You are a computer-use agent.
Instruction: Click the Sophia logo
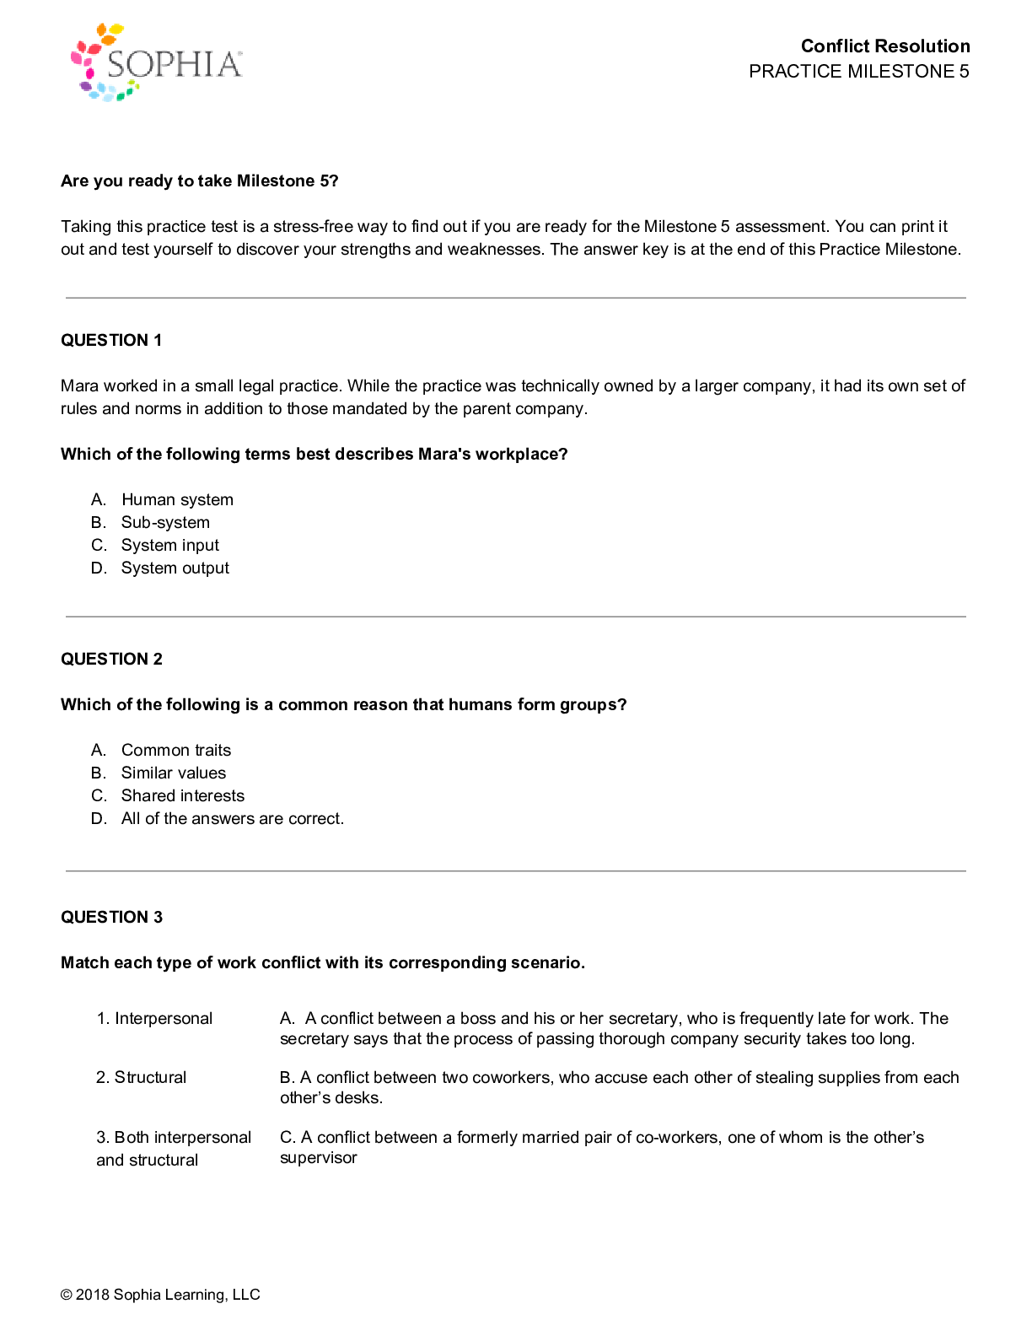click(157, 62)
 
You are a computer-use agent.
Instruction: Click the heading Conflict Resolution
click(884, 46)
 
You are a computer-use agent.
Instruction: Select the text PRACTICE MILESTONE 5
click(858, 72)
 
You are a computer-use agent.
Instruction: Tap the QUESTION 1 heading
click(111, 340)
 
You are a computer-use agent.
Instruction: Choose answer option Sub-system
click(165, 523)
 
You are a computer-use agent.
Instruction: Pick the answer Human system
click(177, 500)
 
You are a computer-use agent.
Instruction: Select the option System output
click(175, 568)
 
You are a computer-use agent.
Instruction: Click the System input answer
click(169, 546)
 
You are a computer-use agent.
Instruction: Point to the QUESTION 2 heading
click(111, 659)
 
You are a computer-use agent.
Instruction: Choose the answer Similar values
click(173, 773)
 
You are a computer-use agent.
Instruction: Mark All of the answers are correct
click(232, 819)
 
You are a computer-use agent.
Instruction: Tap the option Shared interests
click(182, 796)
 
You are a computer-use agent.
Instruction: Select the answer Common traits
click(175, 751)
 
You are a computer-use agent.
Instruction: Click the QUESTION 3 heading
click(111, 917)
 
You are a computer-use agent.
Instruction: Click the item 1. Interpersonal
click(154, 1019)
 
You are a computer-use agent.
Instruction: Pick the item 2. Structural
click(141, 1078)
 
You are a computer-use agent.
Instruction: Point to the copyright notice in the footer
click(160, 1295)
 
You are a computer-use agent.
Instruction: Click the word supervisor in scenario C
click(318, 1158)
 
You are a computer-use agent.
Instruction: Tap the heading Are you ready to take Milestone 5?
click(199, 181)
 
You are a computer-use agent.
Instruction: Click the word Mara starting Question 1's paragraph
click(79, 386)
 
